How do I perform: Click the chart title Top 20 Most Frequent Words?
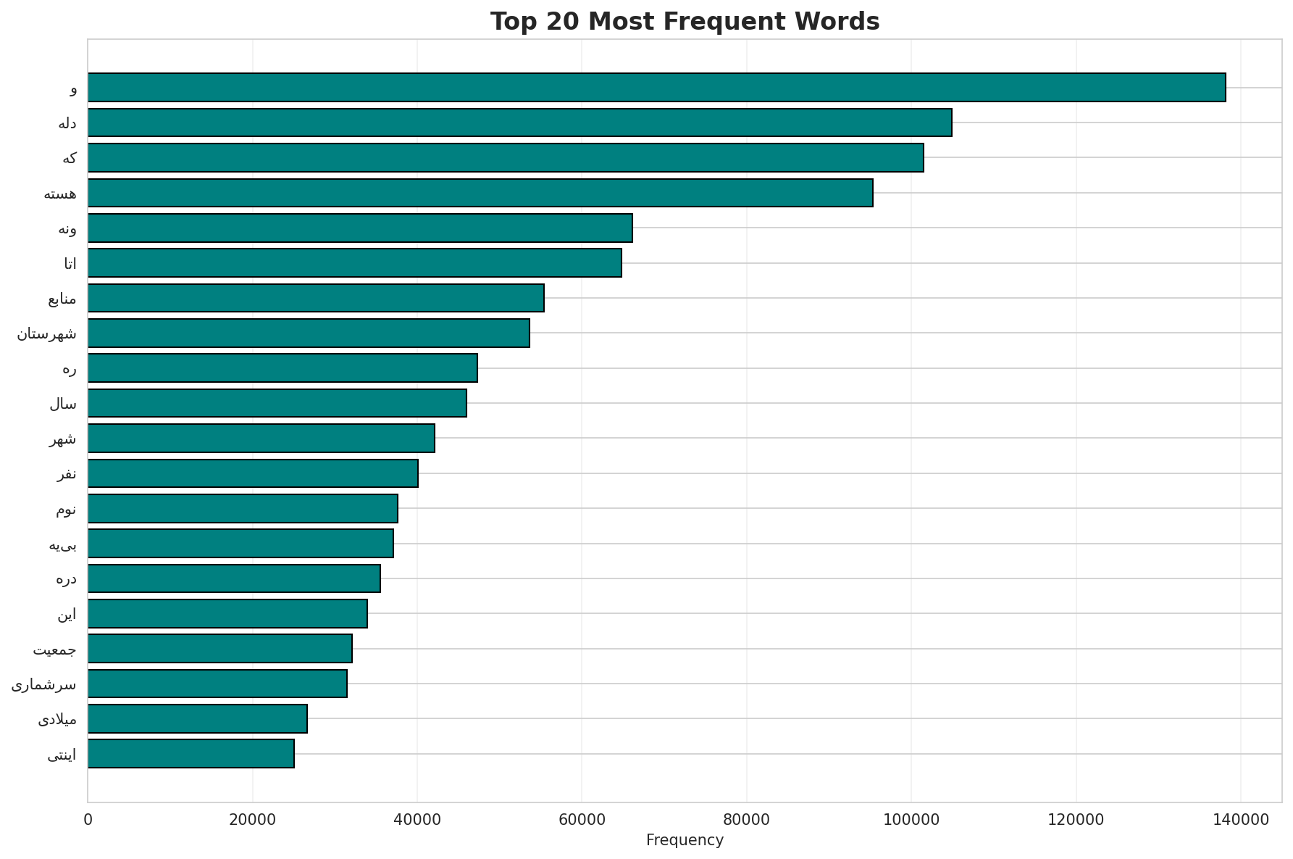(x=684, y=22)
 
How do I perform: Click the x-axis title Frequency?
(x=684, y=840)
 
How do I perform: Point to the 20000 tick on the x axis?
(x=252, y=819)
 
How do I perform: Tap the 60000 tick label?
(x=582, y=819)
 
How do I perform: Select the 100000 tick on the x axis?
(x=911, y=819)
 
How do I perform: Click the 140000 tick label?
(x=1241, y=819)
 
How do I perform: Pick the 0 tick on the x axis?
(x=88, y=819)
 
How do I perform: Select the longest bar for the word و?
(x=656, y=88)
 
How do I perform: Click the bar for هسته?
(x=480, y=193)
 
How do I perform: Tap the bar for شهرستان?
(x=309, y=333)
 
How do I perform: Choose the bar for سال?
(x=277, y=403)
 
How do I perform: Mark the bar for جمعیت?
(x=220, y=649)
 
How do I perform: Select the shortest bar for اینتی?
(x=191, y=754)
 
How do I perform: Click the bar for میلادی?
(x=198, y=719)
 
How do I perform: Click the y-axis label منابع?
(x=62, y=299)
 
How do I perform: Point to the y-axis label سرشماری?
(x=43, y=684)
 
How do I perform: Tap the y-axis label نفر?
(x=67, y=474)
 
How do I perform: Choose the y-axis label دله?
(x=67, y=123)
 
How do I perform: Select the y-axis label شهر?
(x=63, y=439)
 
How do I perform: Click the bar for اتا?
(x=355, y=263)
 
